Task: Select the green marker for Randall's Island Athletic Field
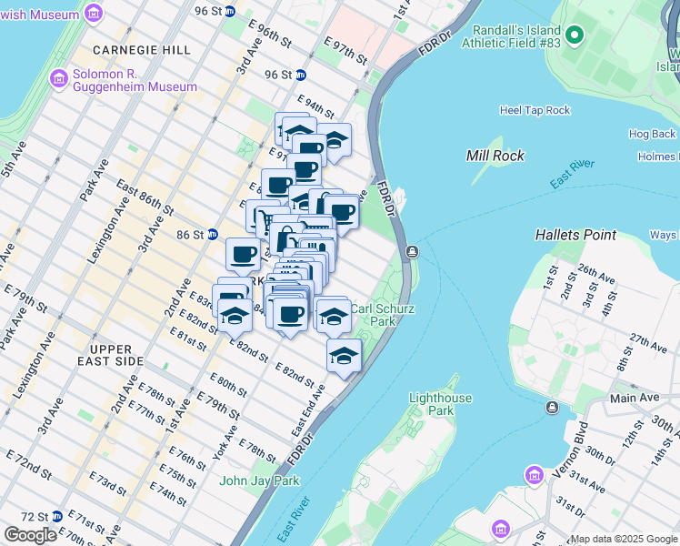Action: point(574,35)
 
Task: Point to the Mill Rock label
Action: point(495,156)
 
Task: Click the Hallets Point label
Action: point(575,235)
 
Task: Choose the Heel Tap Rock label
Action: point(535,110)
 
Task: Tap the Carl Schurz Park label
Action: point(383,315)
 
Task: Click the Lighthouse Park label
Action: point(441,404)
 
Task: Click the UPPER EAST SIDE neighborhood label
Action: point(116,355)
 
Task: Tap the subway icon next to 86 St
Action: point(212,234)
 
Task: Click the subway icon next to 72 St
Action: point(57,516)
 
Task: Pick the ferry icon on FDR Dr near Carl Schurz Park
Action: point(412,251)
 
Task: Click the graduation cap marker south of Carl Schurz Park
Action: point(344,355)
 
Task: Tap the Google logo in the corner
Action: point(30,535)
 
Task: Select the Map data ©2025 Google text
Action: point(624,539)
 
